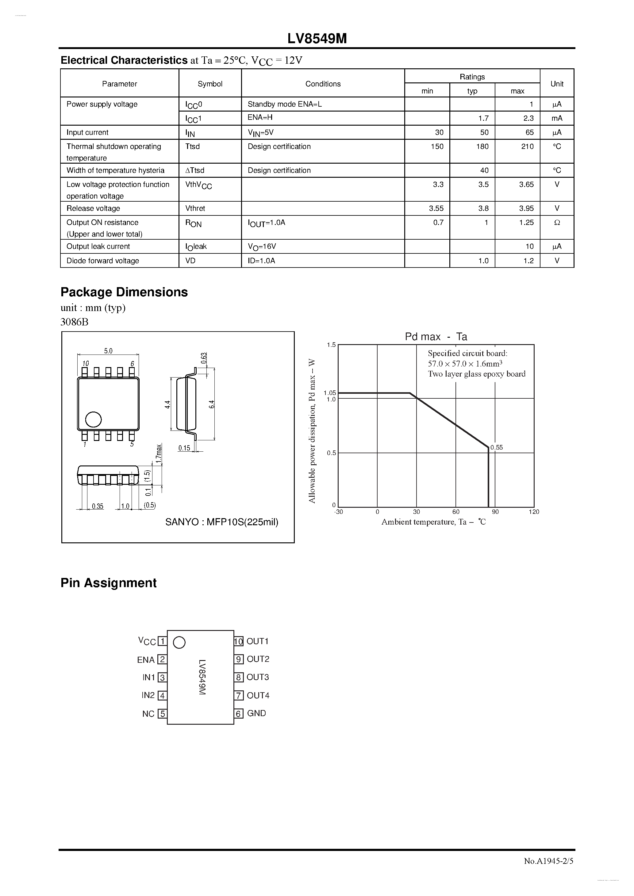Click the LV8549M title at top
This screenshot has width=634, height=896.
click(x=317, y=39)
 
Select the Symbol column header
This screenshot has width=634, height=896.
click(x=210, y=84)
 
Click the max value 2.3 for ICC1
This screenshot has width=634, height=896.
click(x=528, y=118)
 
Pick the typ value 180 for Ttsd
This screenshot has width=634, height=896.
click(x=482, y=146)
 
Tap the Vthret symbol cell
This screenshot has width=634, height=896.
click(x=195, y=208)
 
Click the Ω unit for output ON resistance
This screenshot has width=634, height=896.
click(x=557, y=222)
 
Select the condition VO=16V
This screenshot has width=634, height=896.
click(x=262, y=247)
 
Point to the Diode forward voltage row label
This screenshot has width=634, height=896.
click(x=103, y=261)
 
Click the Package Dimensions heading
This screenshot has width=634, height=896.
click(x=124, y=292)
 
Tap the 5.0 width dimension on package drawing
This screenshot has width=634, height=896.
click(x=108, y=351)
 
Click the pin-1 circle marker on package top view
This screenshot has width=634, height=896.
click(x=93, y=420)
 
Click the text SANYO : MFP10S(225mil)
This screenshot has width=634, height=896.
click(x=221, y=522)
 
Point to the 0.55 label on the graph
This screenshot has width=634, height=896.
click(x=497, y=448)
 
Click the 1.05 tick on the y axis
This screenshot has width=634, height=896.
click(x=330, y=393)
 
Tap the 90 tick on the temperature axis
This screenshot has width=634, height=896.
click(x=495, y=512)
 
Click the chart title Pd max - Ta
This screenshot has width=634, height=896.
click(x=436, y=337)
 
